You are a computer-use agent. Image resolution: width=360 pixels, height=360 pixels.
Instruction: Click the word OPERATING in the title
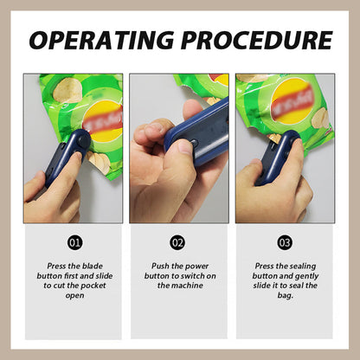click(101, 40)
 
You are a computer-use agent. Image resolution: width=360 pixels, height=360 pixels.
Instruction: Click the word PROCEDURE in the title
click(257, 40)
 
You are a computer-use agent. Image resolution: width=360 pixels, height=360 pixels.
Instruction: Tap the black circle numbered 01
click(75, 242)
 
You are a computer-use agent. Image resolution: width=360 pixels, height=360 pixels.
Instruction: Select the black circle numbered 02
click(177, 242)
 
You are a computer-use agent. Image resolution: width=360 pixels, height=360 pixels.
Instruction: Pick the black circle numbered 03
click(285, 242)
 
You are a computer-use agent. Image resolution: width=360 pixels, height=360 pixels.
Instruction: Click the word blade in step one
click(93, 266)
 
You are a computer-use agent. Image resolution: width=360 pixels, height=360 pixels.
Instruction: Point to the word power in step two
click(196, 266)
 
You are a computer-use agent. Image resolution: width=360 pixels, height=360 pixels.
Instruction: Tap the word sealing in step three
click(302, 267)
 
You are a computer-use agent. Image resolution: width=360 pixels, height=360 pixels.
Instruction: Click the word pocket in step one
click(93, 286)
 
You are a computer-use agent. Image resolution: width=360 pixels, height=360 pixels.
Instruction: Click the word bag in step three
click(285, 296)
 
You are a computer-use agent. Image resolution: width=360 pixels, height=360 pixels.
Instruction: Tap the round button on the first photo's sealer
click(83, 140)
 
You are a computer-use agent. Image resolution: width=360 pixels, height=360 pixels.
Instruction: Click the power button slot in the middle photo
click(193, 143)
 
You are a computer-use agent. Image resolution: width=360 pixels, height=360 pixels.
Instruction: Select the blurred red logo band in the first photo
click(103, 120)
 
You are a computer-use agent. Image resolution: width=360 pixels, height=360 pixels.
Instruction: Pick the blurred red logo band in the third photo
click(292, 101)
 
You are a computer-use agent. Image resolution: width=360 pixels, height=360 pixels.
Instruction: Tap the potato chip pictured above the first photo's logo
click(68, 91)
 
